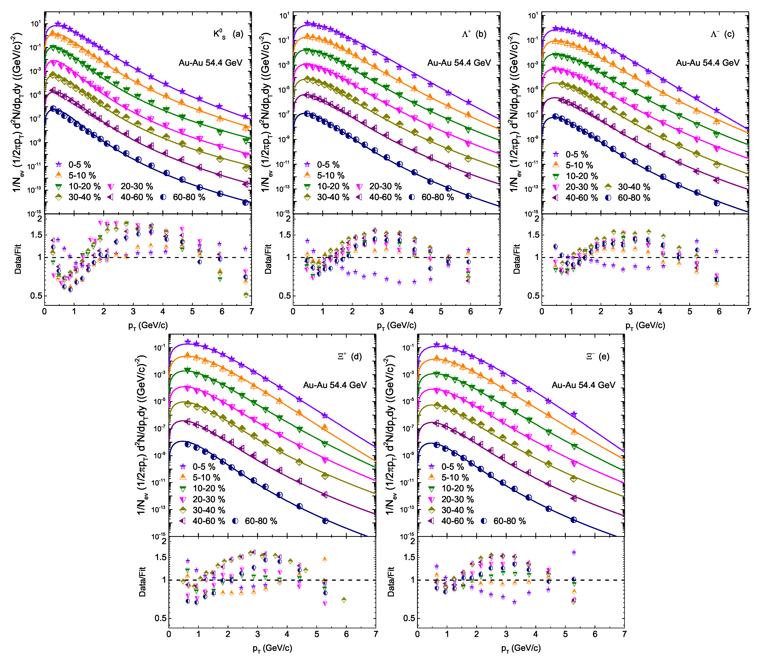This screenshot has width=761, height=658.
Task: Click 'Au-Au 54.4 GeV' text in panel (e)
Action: tap(583, 385)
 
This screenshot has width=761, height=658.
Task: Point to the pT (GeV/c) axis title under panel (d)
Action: tap(272, 648)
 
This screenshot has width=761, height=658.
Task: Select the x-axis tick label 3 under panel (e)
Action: tap(506, 634)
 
